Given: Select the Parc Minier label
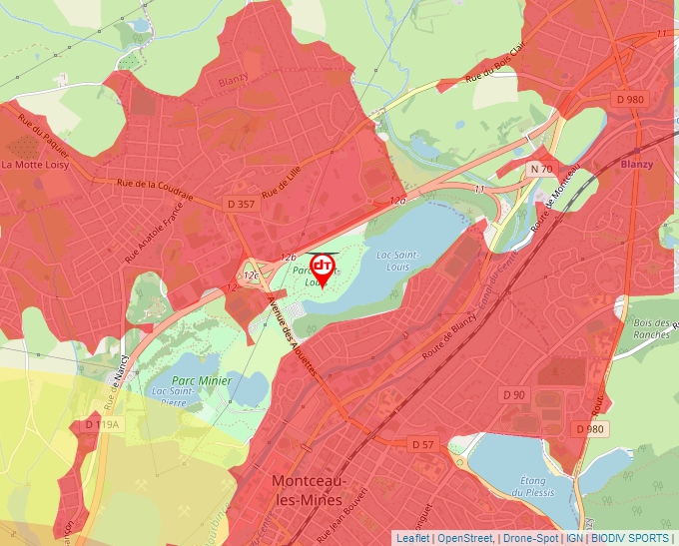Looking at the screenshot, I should pyautogui.click(x=201, y=380).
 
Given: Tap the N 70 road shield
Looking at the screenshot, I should pyautogui.click(x=541, y=169).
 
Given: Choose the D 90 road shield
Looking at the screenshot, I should pyautogui.click(x=513, y=395).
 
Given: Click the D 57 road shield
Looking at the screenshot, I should pyautogui.click(x=422, y=443).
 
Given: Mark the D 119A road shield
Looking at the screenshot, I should pyautogui.click(x=102, y=424).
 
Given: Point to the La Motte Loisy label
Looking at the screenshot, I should pyautogui.click(x=35, y=165).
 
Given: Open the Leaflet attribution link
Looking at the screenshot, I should pyautogui.click(x=413, y=538).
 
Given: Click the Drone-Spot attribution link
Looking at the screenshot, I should pyautogui.click(x=526, y=538).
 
